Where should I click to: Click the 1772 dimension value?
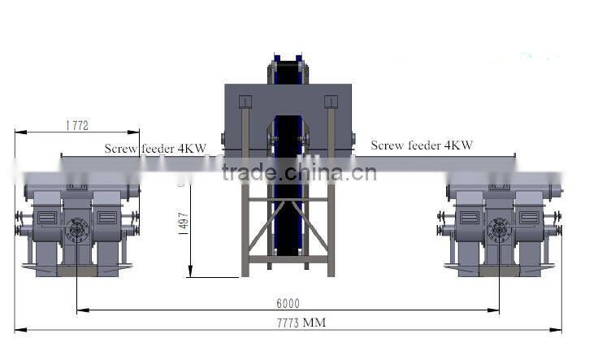tap(76, 125)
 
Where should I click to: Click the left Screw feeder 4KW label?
tap(155, 149)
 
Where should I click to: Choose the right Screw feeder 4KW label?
tap(422, 145)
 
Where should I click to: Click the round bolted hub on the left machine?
tap(78, 231)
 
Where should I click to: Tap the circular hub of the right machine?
tap(500, 231)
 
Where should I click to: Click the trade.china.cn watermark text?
tap(299, 172)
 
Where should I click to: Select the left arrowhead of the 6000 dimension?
tap(80, 310)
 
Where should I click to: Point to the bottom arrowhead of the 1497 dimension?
tap(190, 275)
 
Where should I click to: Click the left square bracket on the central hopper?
tap(245, 102)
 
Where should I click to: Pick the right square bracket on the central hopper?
tap(331, 102)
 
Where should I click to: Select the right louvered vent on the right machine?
tap(529, 217)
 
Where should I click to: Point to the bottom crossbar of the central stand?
tap(288, 258)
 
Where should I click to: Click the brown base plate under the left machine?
tap(77, 271)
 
